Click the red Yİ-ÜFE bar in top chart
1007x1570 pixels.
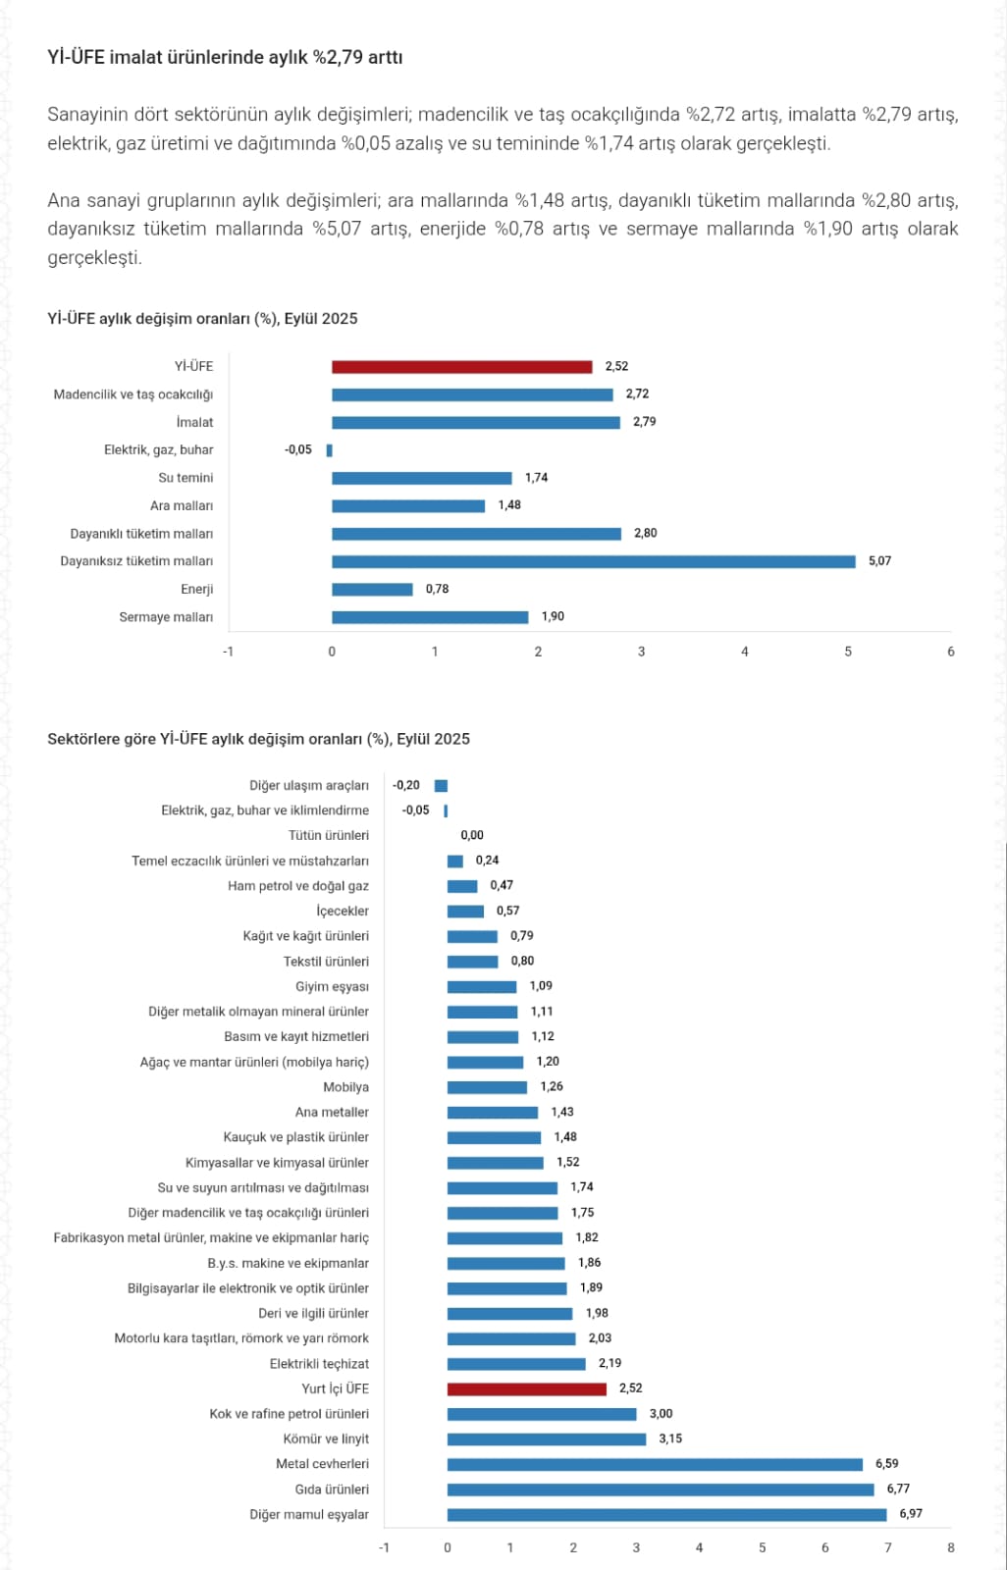[461, 367]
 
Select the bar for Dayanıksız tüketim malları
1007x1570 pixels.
[593, 562]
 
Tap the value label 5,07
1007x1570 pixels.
[879, 561]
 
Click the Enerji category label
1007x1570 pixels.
[196, 590]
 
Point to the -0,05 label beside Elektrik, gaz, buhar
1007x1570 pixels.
[298, 450]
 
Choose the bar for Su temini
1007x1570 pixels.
[421, 478]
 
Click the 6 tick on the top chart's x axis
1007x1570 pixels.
[950, 652]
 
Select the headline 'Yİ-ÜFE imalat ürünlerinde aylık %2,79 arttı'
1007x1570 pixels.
[225, 57]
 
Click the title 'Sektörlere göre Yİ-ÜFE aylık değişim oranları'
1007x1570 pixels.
[258, 739]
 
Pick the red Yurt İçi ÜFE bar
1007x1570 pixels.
[526, 1389]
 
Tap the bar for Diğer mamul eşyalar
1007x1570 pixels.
[666, 1515]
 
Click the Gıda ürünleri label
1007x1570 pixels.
[332, 1490]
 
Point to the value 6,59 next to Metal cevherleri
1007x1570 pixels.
[886, 1464]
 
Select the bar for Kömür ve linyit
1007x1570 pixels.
[546, 1439]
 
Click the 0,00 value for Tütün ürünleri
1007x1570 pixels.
[472, 835]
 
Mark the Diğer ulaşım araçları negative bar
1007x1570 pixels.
[441, 786]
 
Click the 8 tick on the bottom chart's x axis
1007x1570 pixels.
[950, 1547]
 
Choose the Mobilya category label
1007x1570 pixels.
[345, 1087]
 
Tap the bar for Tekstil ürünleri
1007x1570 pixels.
[472, 962]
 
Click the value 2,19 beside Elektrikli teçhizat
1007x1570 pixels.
[609, 1363]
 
